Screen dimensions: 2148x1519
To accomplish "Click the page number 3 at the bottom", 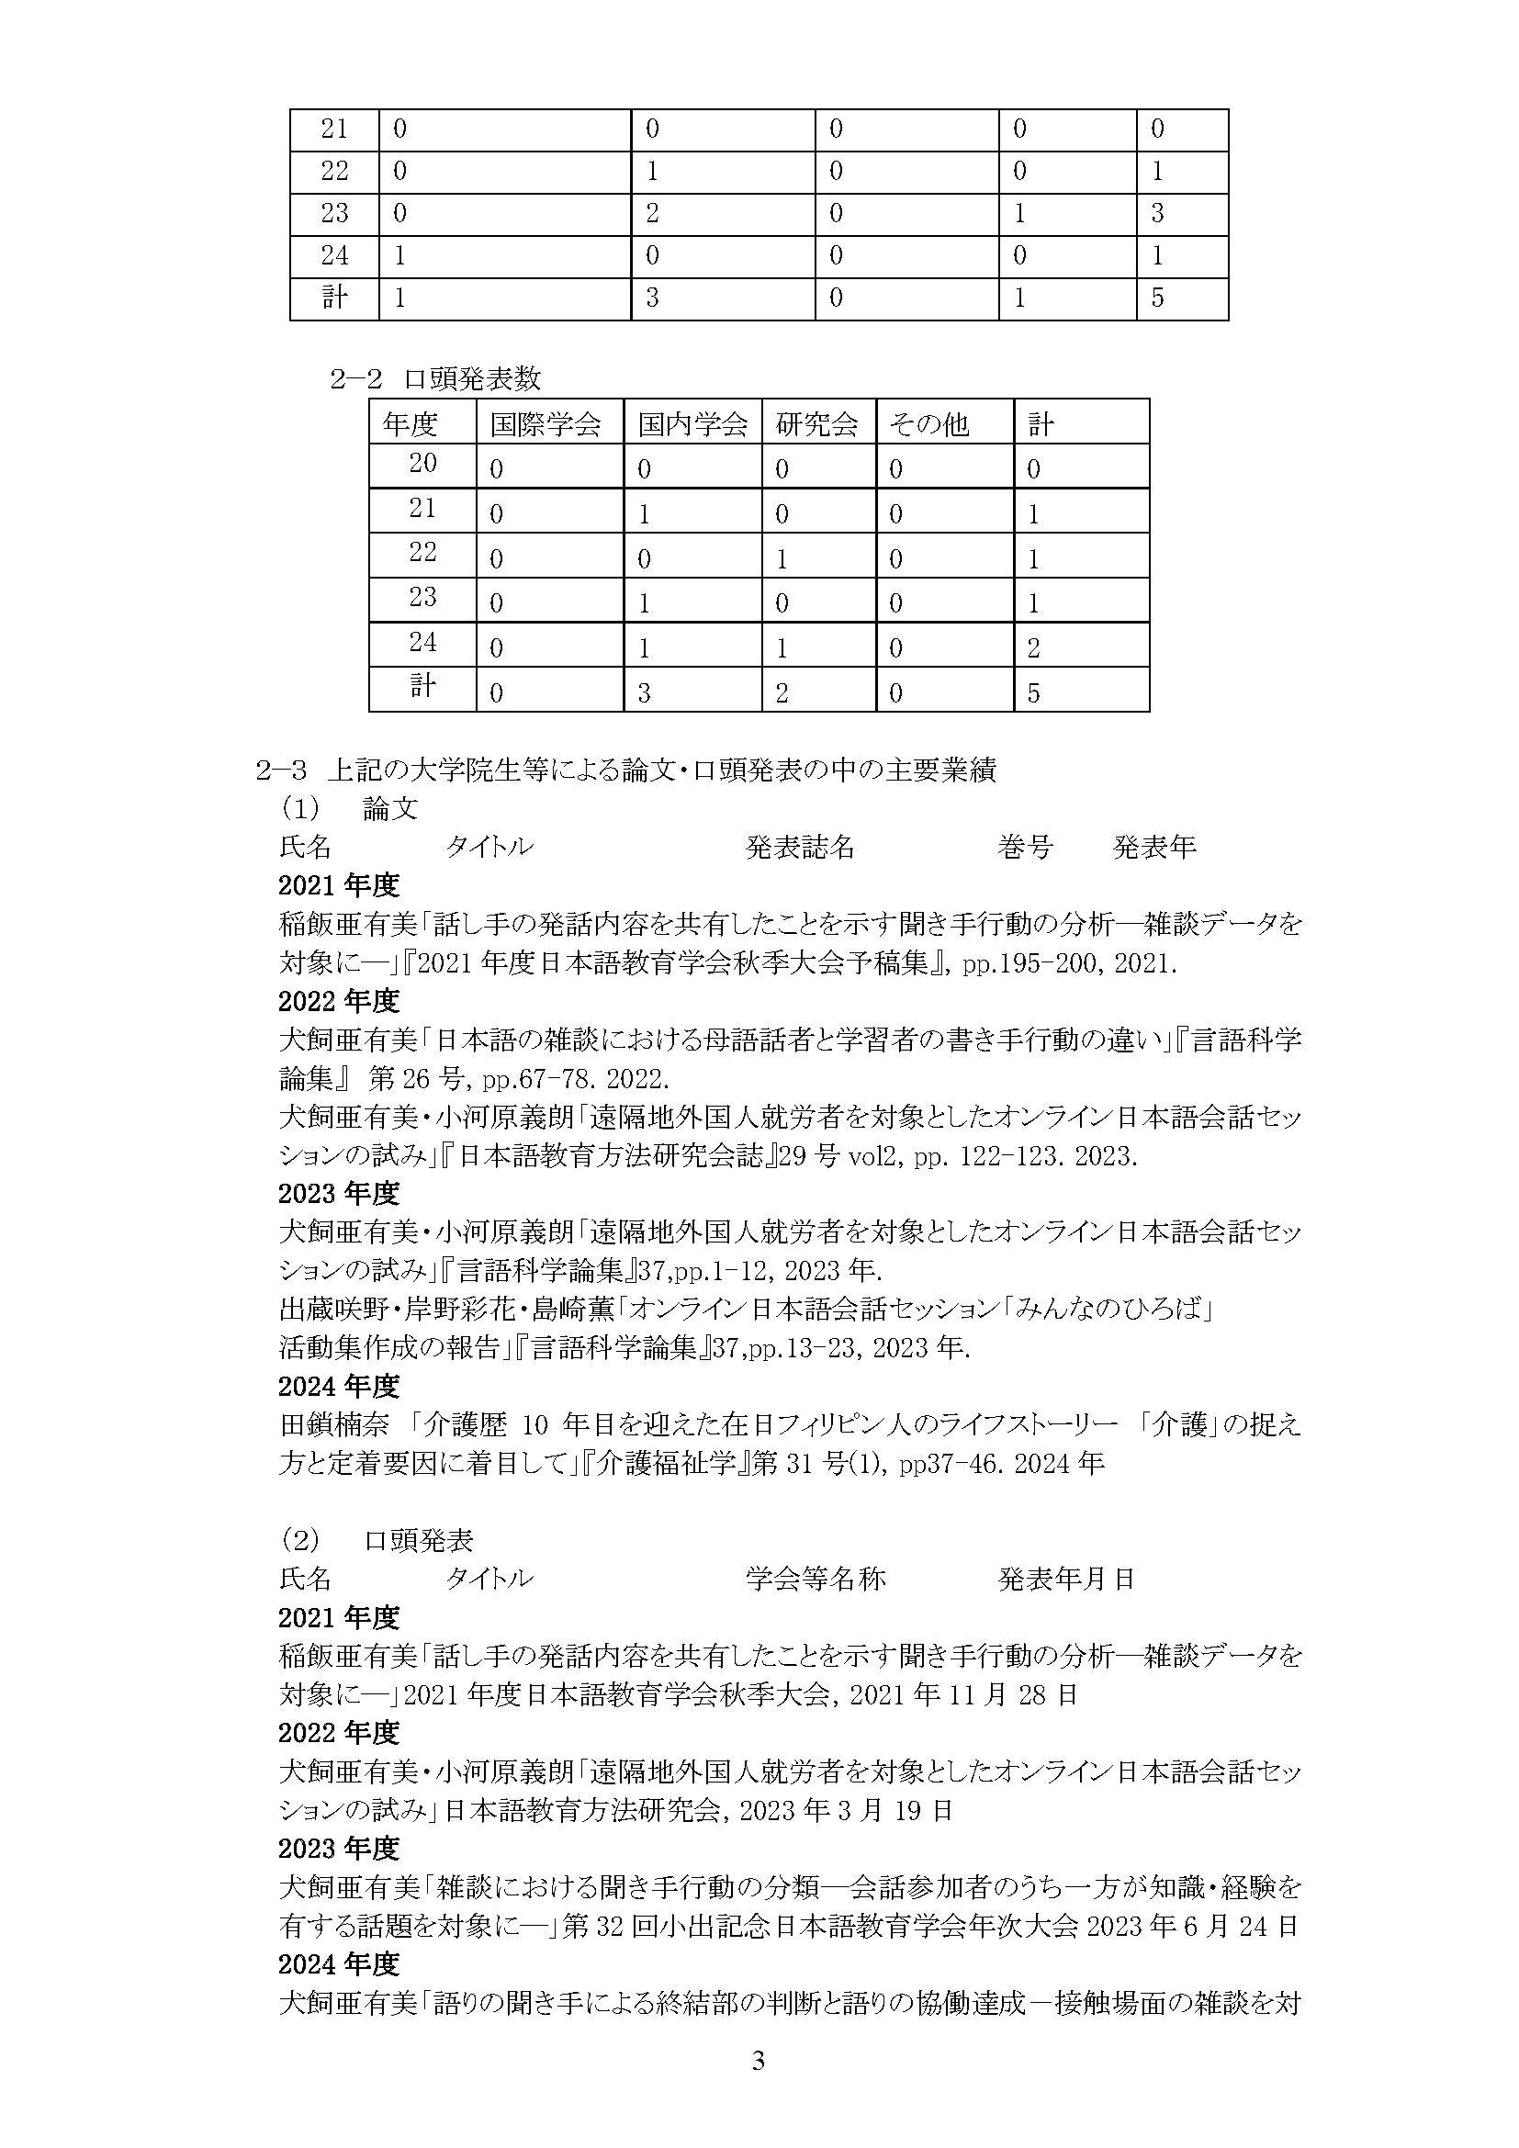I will click(759, 2087).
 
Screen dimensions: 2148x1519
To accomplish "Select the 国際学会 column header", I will click(545, 426).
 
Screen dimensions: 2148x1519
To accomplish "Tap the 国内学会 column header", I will click(692, 426).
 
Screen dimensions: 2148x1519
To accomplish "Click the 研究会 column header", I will click(816, 426).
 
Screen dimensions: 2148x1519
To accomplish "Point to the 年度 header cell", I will click(410, 426).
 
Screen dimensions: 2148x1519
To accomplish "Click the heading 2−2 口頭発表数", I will click(435, 379).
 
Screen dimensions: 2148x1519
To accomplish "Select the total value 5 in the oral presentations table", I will click(1033, 693).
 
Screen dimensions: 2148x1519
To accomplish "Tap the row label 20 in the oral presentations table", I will click(422, 463).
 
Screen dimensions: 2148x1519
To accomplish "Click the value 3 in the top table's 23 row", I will click(1157, 214).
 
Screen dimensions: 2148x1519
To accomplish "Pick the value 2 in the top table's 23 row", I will click(652, 214).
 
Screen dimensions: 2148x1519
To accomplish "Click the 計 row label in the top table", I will click(334, 298).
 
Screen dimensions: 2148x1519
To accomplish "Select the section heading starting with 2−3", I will click(624, 770).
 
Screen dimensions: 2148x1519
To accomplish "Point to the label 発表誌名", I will click(800, 848).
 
